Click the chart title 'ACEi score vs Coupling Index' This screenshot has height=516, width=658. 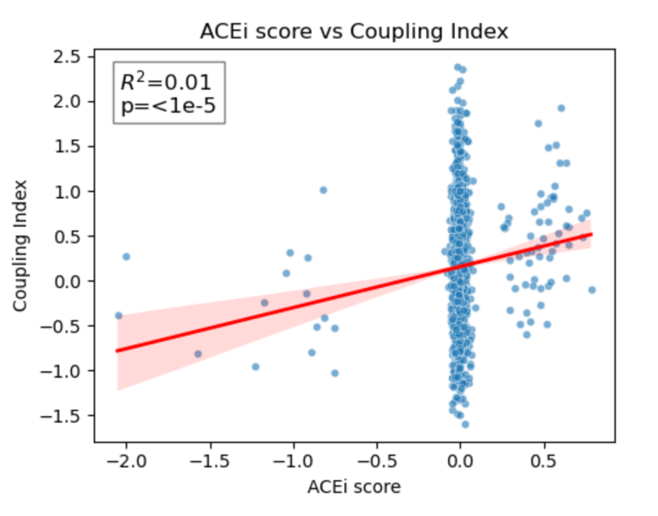click(x=354, y=32)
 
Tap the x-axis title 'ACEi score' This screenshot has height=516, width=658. click(x=354, y=487)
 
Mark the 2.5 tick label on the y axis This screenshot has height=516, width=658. click(x=69, y=57)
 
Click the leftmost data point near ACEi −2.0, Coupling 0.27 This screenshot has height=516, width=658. click(x=126, y=256)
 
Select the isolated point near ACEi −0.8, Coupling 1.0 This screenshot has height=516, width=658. click(x=323, y=190)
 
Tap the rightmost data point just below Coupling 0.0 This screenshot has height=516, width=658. click(x=591, y=290)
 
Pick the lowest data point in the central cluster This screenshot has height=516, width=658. click(x=465, y=424)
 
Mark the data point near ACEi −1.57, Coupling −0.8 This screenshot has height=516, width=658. click(x=198, y=354)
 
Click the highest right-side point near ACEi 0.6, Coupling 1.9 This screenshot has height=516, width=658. click(x=561, y=108)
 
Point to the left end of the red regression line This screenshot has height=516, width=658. click(x=117, y=351)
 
